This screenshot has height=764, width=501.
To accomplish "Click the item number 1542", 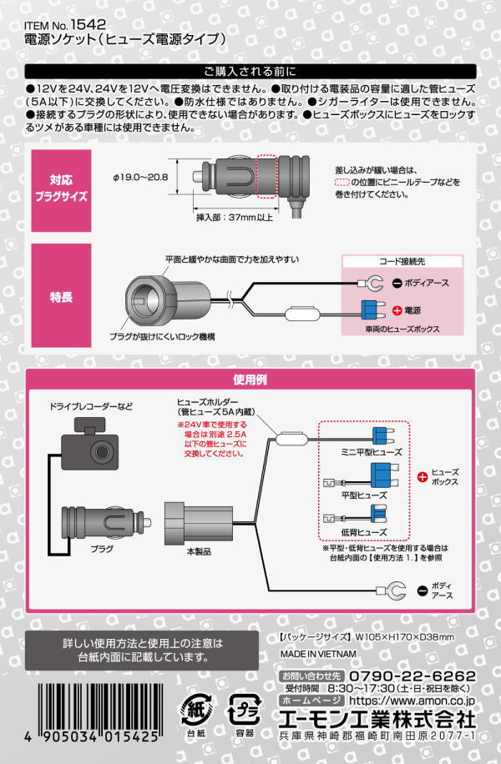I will (x=89, y=25).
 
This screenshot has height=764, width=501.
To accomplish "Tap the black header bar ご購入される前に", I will (x=250, y=71).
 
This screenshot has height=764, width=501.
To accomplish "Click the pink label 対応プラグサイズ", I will (x=61, y=191).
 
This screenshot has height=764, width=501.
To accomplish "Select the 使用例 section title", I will (x=250, y=379).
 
